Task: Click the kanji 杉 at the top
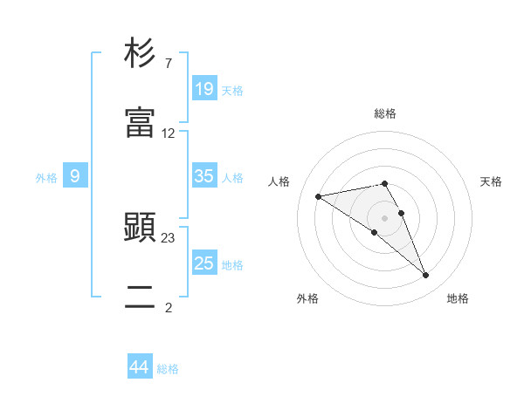tap(141, 54)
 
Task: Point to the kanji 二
tap(141, 298)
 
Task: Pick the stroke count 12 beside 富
tap(169, 133)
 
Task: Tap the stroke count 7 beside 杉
tap(168, 64)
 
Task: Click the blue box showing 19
tap(203, 89)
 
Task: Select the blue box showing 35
tap(203, 176)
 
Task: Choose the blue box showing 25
tap(203, 263)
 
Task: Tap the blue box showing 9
tap(75, 176)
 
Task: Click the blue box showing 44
tap(140, 367)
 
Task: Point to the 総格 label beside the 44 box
tap(168, 369)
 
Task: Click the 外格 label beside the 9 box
tap(46, 178)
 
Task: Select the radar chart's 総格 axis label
tap(385, 113)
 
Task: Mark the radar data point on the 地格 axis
tap(426, 276)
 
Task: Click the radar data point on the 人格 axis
tap(318, 196)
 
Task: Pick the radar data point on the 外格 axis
tap(375, 232)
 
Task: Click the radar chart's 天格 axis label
tap(491, 181)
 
